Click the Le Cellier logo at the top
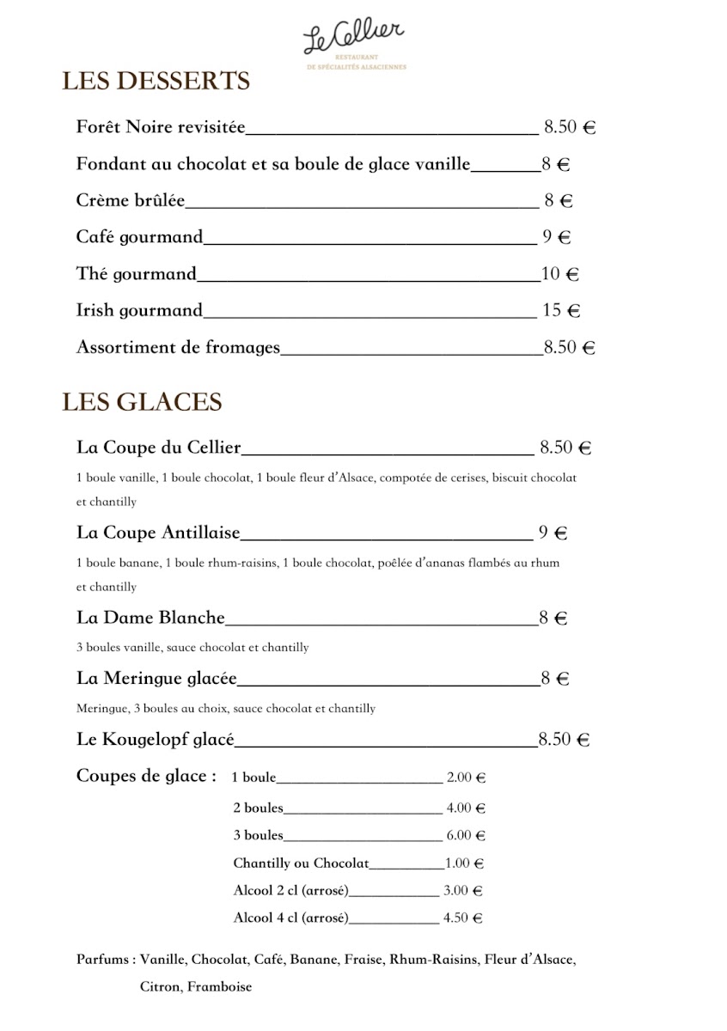(x=353, y=42)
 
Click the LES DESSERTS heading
(x=156, y=82)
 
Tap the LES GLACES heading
(x=142, y=402)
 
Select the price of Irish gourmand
(x=561, y=311)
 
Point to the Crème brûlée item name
(x=131, y=201)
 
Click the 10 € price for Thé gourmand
(x=560, y=275)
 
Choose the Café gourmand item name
(x=139, y=237)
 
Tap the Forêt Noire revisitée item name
(x=161, y=128)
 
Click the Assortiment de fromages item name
(x=179, y=348)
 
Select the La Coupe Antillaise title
(x=158, y=533)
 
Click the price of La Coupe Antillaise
(x=553, y=533)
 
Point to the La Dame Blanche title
(x=150, y=618)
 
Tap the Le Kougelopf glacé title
(x=156, y=740)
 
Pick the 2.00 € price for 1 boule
(x=466, y=778)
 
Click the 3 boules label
(x=258, y=835)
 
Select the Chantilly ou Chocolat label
(x=301, y=863)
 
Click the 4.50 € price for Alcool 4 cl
(x=462, y=918)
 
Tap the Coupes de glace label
(x=146, y=777)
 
